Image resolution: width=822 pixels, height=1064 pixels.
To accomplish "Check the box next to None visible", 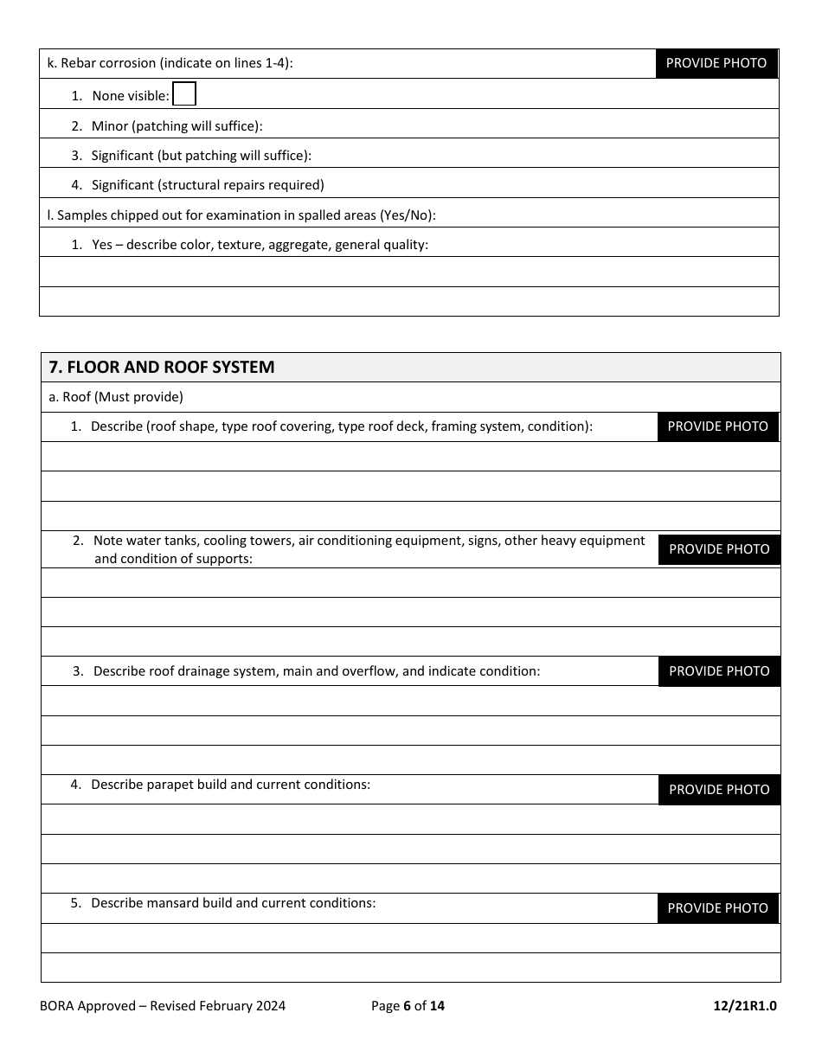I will (184, 94).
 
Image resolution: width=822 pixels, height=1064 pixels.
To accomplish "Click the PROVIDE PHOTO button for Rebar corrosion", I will (716, 63).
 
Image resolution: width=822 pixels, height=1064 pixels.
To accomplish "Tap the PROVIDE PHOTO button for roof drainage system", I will (719, 671).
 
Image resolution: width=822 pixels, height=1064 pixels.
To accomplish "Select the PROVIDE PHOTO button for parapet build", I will (719, 790).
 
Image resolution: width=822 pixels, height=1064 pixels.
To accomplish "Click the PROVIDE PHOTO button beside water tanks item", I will (719, 549).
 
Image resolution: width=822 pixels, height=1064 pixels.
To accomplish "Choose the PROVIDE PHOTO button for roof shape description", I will (717, 426).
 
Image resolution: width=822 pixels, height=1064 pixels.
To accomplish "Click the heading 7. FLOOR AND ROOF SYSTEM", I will (162, 367).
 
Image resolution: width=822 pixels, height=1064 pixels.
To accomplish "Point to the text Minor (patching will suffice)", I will (177, 126).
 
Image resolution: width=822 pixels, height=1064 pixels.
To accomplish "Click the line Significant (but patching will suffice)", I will (201, 156).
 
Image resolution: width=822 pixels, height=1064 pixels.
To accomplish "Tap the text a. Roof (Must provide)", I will (116, 397).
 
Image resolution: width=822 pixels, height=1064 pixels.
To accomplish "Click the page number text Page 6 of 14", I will (408, 1005).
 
